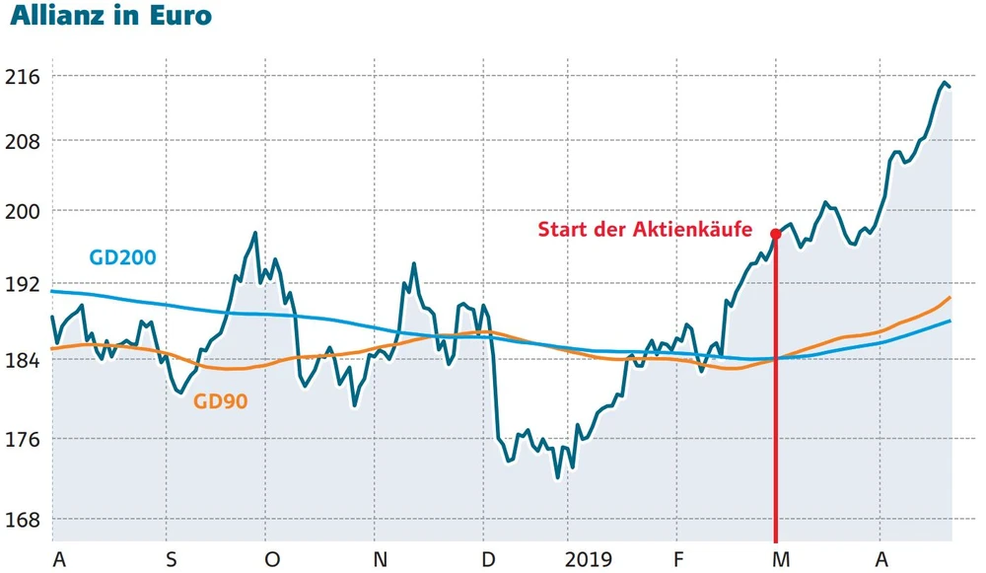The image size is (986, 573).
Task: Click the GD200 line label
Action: (122, 258)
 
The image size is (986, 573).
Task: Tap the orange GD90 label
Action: (220, 401)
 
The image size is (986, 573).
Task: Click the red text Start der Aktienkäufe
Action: (645, 231)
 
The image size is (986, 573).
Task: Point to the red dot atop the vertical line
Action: (776, 234)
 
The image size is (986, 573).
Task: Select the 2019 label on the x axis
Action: (589, 560)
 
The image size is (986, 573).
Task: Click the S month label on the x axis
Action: (172, 560)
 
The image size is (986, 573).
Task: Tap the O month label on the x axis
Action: (272, 560)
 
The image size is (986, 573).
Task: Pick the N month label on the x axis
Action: (381, 560)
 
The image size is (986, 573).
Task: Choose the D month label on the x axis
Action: (487, 560)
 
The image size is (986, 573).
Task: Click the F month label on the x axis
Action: (679, 560)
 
